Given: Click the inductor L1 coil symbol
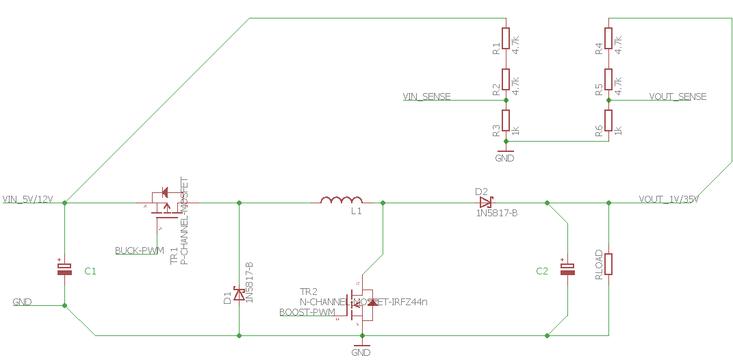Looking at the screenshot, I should click(342, 200).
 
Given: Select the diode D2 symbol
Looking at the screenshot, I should click(486, 203).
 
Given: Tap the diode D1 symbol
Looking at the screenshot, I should click(239, 294).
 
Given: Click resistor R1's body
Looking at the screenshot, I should click(506, 38).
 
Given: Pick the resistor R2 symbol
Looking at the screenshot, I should click(506, 79).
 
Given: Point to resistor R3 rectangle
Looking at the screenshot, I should click(506, 120).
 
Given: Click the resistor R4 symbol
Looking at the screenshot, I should click(608, 38).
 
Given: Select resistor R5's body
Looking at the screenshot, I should click(608, 79).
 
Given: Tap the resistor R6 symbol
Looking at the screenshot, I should click(608, 120).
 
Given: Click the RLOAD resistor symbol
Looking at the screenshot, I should click(608, 264).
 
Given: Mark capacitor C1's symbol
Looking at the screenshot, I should click(64, 269).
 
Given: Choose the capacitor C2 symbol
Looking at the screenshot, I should click(567, 269).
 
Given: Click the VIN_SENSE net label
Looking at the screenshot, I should click(427, 97).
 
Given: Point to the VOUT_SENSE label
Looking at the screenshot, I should click(678, 97).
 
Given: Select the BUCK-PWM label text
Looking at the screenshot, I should click(140, 250).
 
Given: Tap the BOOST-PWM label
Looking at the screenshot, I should click(308, 313).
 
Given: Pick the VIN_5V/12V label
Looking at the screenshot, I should click(28, 199).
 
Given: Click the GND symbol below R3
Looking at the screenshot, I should click(504, 153).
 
